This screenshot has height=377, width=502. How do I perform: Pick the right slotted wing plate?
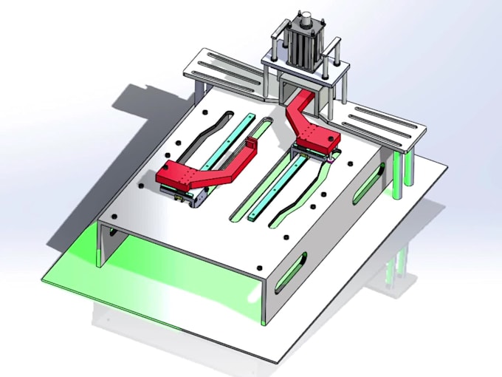tap(387, 123)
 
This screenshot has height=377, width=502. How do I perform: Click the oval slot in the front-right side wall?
tap(290, 273)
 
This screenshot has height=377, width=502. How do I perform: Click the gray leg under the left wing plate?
tap(199, 93)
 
